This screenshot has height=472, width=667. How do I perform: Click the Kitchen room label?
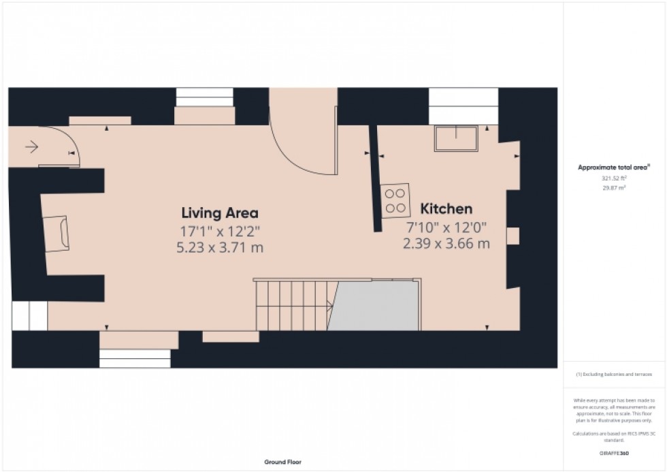click(x=446, y=208)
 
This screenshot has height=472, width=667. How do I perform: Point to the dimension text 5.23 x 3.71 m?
click(x=219, y=248)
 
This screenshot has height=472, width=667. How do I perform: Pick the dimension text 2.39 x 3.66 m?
click(x=446, y=243)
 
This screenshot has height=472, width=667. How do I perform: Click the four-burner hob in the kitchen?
click(x=395, y=200)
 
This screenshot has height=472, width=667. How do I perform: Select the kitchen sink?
click(x=456, y=139)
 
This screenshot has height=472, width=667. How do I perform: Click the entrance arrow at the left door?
click(x=31, y=145)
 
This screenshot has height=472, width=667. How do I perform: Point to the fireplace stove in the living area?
click(x=57, y=232)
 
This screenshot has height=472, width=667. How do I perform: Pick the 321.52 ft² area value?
click(x=614, y=178)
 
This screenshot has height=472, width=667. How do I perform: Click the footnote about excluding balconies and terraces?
click(x=614, y=375)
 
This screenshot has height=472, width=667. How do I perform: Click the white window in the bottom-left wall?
click(x=134, y=358)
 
